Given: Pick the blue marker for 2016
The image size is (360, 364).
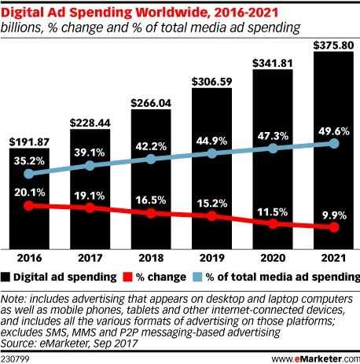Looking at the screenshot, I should pos(30,174).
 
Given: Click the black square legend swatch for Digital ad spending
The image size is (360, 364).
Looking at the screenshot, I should pos(7,277).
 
